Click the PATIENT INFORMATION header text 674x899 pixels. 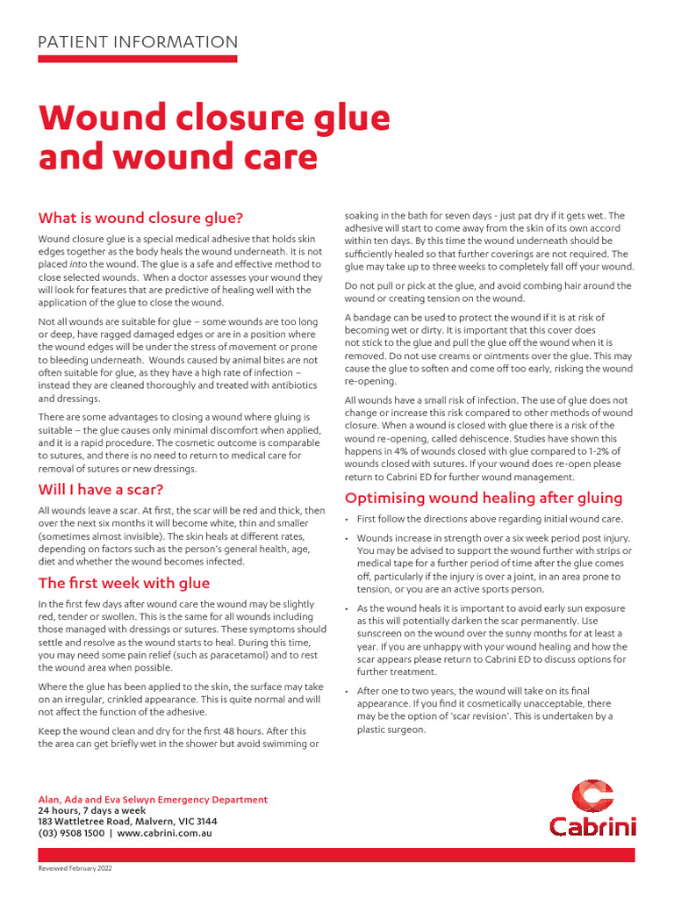point(138,42)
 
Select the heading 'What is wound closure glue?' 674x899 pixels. point(140,218)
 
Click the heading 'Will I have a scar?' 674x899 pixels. point(100,489)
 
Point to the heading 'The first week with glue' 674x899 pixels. point(123,583)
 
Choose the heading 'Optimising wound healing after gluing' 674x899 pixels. point(484,498)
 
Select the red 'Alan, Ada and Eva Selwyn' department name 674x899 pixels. point(97,800)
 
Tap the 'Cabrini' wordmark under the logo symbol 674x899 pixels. point(592,826)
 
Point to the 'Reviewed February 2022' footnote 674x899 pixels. point(75,868)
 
